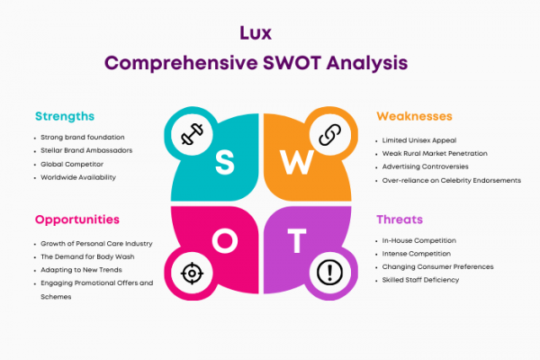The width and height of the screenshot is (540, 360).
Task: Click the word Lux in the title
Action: pos(256,33)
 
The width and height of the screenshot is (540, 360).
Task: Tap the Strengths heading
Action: pos(65,116)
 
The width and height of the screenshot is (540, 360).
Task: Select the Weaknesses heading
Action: pos(414,116)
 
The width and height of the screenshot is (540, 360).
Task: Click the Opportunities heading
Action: pos(77,220)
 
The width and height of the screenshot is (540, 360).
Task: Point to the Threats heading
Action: pos(400,220)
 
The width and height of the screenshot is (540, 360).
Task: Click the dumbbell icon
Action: pos(192,134)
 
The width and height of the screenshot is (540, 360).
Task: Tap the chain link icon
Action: pos(330,134)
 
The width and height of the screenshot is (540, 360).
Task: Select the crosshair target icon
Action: pos(192,274)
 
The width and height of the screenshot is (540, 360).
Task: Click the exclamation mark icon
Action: pos(330,273)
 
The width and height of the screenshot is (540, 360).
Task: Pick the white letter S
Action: pos(225,163)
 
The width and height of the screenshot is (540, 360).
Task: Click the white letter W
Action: pos(297,162)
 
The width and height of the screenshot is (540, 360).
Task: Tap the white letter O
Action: pos(225,241)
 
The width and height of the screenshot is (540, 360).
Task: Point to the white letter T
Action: pos(297,241)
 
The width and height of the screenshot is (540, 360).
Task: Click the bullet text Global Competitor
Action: pos(72,165)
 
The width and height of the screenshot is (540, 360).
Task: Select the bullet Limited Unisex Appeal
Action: pos(419,140)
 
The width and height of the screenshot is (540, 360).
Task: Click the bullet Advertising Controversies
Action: pos(426,166)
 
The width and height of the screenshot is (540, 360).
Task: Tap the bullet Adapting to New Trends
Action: pos(81,270)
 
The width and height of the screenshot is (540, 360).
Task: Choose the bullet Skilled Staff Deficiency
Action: pos(420,280)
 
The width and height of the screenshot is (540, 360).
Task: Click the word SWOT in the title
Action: pos(292,63)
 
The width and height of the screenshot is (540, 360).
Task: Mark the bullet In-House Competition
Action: pos(419,240)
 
